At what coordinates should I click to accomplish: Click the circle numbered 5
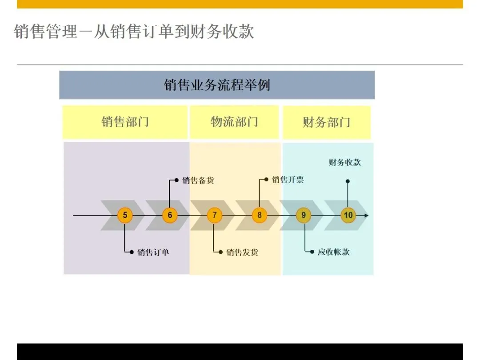(x=125, y=216)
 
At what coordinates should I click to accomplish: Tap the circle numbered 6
(x=170, y=216)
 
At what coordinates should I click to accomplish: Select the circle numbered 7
(x=214, y=216)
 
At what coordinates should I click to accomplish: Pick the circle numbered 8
(x=259, y=216)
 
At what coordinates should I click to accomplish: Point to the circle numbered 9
(x=304, y=216)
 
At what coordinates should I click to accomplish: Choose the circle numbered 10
(x=348, y=216)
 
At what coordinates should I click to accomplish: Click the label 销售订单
(x=153, y=252)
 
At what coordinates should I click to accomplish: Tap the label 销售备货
(x=198, y=180)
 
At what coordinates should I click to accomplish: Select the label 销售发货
(x=242, y=252)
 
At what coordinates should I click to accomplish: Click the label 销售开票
(x=288, y=180)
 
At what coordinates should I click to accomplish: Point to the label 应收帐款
(x=333, y=252)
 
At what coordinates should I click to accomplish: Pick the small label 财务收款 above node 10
(x=345, y=162)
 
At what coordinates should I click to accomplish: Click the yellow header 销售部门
(x=125, y=122)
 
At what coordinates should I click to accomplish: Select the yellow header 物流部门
(x=234, y=122)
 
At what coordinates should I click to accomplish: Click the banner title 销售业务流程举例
(x=217, y=85)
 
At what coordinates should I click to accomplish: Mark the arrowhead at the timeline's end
(x=366, y=216)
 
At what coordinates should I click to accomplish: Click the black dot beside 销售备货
(x=176, y=180)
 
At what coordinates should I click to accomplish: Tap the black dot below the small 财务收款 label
(x=348, y=181)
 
